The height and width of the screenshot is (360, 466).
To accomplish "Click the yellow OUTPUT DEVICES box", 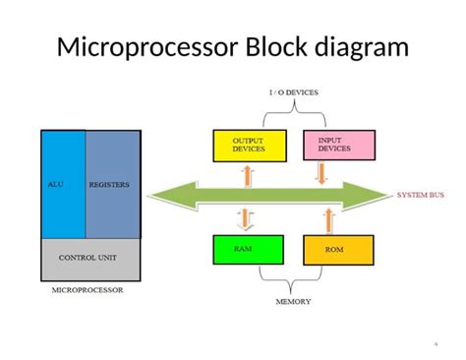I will click(x=248, y=145).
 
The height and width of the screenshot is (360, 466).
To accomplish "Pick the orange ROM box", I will click(x=338, y=250).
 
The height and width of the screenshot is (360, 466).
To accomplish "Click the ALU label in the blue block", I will click(x=55, y=183).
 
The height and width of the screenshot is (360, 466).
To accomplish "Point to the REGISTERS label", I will click(x=108, y=183).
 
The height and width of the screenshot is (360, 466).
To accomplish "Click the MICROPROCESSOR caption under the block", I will click(x=87, y=291).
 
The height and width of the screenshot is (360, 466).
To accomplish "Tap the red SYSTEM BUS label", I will click(x=420, y=195).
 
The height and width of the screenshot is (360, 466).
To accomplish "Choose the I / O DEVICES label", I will click(x=294, y=92).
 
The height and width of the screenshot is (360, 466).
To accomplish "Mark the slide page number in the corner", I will click(x=435, y=343).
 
